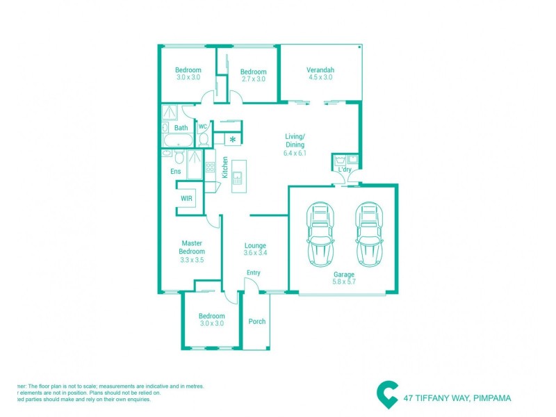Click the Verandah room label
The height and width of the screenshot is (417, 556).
click(x=321, y=69)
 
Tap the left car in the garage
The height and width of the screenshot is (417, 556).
click(x=320, y=235)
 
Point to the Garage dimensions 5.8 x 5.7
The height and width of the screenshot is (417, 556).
click(x=343, y=283)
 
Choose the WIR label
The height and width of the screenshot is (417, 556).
click(x=186, y=198)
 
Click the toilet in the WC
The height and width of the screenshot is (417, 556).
click(x=203, y=138)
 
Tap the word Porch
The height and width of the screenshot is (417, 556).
click(x=257, y=321)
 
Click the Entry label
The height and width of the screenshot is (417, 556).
click(x=253, y=272)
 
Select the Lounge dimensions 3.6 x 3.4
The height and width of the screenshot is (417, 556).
click(x=255, y=253)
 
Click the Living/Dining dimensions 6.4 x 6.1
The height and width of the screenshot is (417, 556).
click(x=295, y=153)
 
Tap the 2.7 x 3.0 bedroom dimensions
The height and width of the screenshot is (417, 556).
click(x=254, y=79)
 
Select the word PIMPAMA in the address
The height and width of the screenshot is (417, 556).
click(x=491, y=398)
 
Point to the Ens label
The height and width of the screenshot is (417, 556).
click(x=175, y=170)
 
